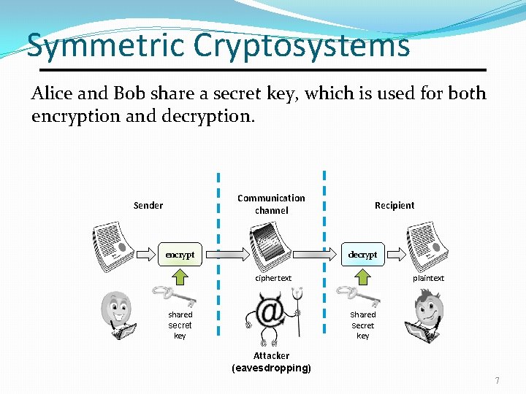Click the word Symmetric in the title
pyautogui.click(x=107, y=45)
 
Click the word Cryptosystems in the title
pyautogui.click(x=302, y=45)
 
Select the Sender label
pyautogui.click(x=148, y=205)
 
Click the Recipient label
pyautogui.click(x=394, y=205)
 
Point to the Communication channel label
pyautogui.click(x=271, y=204)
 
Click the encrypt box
pyautogui.click(x=180, y=255)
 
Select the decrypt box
pyautogui.click(x=362, y=255)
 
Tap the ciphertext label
pyautogui.click(x=272, y=278)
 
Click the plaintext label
pyautogui.click(x=428, y=278)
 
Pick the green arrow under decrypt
pyautogui.click(x=362, y=277)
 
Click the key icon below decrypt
pyautogui.click(x=354, y=295)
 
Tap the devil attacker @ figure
pyautogui.click(x=273, y=315)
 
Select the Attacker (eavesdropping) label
pyautogui.click(x=271, y=362)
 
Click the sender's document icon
pyautogui.click(x=113, y=243)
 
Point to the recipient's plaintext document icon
pyautogui.click(x=428, y=244)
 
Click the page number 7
pyautogui.click(x=498, y=380)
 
